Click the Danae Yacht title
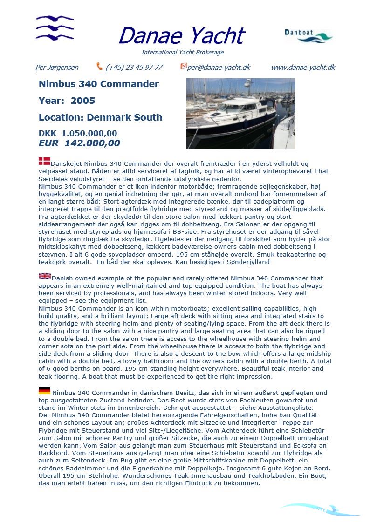[182, 36]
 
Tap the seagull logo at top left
[55, 27]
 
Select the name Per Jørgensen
[57, 68]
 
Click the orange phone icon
[99, 67]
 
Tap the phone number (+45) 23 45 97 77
[134, 68]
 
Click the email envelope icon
[183, 67]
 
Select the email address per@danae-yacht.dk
[219, 68]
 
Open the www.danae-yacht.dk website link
[303, 68]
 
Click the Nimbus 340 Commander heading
[99, 84]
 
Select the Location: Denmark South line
[101, 117]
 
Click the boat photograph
[240, 114]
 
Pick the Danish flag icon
[44, 162]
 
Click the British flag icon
[44, 276]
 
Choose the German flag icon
[44, 391]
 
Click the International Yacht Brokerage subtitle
[183, 52]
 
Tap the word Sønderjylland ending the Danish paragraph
[249, 262]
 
